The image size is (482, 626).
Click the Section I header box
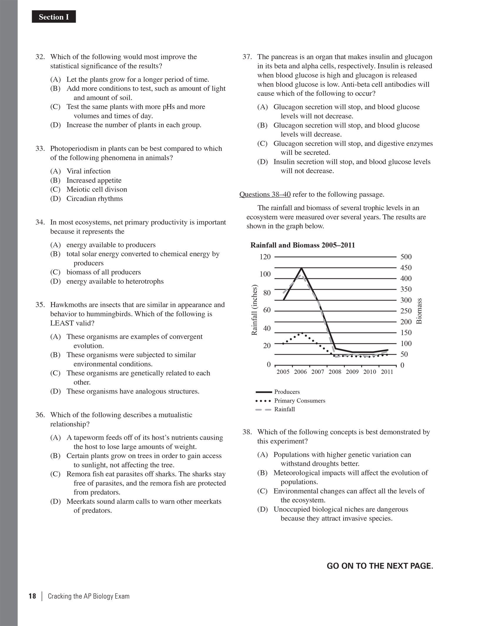coord(54,17)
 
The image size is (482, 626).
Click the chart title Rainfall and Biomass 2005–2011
coord(302,245)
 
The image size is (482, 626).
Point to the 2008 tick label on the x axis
coord(335,372)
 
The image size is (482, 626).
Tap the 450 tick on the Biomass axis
coord(406,268)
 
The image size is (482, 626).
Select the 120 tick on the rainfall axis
coord(265,257)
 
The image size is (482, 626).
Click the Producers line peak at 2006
coord(302,268)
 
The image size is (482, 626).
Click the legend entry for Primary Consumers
coord(299,401)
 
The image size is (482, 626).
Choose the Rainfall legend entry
coord(284,409)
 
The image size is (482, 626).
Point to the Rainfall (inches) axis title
coord(255,310)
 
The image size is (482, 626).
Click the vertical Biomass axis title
coord(419,311)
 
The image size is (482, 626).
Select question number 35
coord(40,304)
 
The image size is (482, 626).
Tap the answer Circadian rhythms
coord(94,199)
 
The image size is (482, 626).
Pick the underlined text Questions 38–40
coord(265,194)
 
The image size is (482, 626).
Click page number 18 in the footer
coord(32,596)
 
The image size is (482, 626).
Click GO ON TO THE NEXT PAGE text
coord(380,566)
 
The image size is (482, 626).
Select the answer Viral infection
coord(88,171)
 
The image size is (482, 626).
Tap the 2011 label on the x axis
coord(387,372)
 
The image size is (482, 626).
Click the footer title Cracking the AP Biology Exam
coord(88,596)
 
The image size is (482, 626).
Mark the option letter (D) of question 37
coord(262,162)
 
